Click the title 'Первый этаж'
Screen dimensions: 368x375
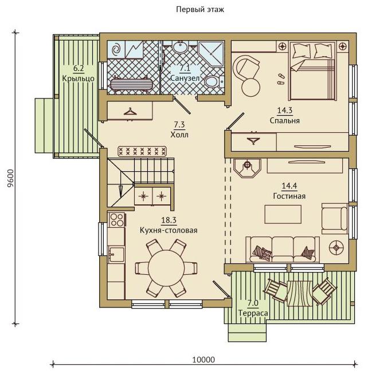click(200, 10)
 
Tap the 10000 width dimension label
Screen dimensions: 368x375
click(203, 360)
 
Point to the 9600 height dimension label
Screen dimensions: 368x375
click(10, 179)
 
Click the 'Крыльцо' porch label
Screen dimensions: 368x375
click(79, 78)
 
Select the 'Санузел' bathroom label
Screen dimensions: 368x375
click(185, 78)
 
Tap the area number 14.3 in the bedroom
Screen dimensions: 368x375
click(285, 110)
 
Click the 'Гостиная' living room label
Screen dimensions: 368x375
click(289, 196)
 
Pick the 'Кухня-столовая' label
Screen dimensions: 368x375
click(169, 230)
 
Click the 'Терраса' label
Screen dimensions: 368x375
click(253, 313)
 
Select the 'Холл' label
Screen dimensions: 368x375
click(179, 135)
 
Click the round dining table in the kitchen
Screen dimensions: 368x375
click(166, 267)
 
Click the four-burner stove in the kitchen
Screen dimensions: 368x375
click(116, 220)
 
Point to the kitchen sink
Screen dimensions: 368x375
click(116, 254)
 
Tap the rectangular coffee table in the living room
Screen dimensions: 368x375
click(283, 214)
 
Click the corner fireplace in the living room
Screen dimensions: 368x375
click(247, 168)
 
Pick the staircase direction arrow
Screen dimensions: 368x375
click(121, 191)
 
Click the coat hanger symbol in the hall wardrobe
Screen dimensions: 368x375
click(130, 112)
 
